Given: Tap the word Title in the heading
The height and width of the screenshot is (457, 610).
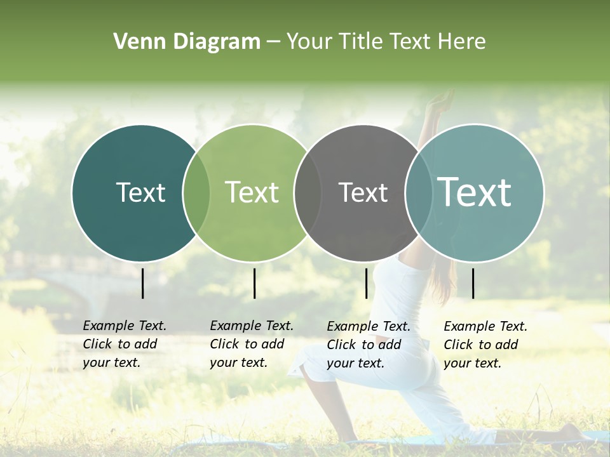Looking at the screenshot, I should (362, 42).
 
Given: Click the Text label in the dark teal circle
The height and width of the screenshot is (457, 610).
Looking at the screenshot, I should (140, 192).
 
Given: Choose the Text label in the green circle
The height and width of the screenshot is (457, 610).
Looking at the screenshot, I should (252, 192).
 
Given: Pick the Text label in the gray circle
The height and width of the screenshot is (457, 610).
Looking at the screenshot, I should (363, 192).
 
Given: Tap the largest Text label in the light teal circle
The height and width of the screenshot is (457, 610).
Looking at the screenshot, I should (475, 192).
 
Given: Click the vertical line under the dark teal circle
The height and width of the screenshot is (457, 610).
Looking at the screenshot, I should (143, 283).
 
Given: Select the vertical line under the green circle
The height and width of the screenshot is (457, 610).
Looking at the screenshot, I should (254, 283).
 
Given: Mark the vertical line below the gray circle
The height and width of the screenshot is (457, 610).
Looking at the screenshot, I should (366, 283).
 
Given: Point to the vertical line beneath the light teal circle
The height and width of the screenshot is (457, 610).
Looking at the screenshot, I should (473, 283).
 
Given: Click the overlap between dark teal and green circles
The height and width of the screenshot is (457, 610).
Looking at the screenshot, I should (196, 192).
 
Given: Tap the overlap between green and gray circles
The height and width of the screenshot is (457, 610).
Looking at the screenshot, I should (308, 192).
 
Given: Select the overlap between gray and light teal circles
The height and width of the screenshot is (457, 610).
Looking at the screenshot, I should (418, 192).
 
